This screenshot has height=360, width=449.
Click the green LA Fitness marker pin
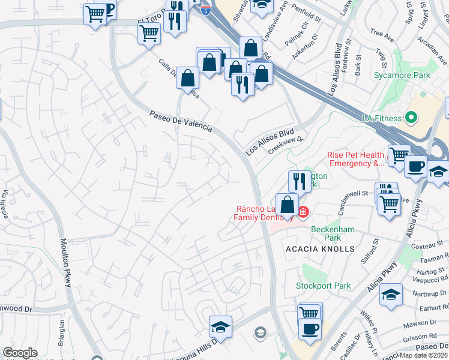pyautogui.click(x=412, y=118)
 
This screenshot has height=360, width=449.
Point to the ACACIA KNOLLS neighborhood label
pyautogui.click(x=321, y=248)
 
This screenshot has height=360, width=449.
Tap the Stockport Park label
pyautogui.click(x=323, y=286)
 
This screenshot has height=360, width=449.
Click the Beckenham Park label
pyautogui.click(x=333, y=233)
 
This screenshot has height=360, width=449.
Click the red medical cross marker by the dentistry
pyautogui.click(x=303, y=212)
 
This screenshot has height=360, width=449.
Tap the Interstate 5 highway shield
pyautogui.click(x=206, y=10)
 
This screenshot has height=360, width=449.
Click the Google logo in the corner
pyautogui.click(x=20, y=353)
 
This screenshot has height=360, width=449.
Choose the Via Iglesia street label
pyautogui.click(x=5, y=203)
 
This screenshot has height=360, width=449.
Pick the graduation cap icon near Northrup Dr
pyautogui.click(x=391, y=295)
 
